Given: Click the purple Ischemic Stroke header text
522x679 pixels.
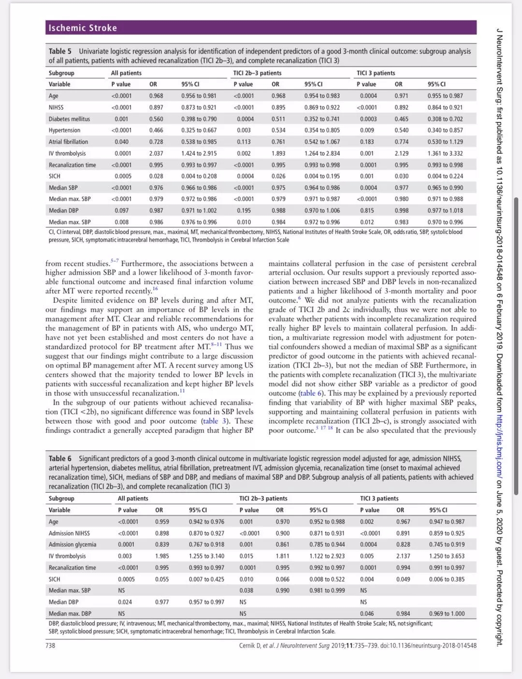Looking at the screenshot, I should (83, 28).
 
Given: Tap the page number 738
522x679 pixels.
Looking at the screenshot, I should (50, 645).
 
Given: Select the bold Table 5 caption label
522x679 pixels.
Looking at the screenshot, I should (60, 51).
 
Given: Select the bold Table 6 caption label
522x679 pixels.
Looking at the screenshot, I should (60, 458).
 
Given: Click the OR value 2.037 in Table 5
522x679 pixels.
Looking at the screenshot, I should (156, 153).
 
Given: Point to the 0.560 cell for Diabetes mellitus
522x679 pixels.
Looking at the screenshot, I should (156, 119).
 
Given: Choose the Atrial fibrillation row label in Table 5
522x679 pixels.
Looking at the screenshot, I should (68, 142).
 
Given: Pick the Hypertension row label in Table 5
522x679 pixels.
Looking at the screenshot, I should (64, 130).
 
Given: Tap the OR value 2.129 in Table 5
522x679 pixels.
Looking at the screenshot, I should (401, 153).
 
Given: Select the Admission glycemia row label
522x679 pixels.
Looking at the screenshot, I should (72, 545).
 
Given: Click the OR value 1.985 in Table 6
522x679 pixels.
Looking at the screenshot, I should (162, 556).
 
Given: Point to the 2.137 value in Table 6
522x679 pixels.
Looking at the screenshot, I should (403, 556).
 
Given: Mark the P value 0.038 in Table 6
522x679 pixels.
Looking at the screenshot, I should (246, 590).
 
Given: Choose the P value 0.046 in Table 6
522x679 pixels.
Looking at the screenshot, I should (367, 614).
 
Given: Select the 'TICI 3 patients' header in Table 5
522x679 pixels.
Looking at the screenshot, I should (376, 73).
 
